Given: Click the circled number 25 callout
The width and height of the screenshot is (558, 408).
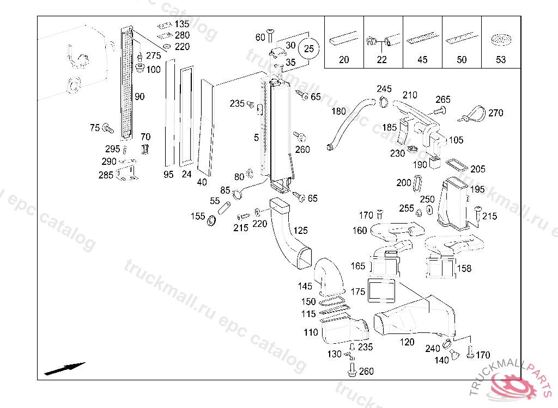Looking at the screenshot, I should (309, 48).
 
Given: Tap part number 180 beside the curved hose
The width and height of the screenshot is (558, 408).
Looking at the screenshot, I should (338, 112).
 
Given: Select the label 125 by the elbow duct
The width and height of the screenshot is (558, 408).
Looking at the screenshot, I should (301, 231).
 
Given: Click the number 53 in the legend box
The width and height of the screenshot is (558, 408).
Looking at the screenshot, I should (501, 60).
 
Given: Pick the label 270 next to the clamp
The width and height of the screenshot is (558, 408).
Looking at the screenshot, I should (495, 113).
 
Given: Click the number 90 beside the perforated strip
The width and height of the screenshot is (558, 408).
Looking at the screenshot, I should (139, 97).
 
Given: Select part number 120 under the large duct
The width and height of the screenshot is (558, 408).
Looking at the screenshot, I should (407, 342).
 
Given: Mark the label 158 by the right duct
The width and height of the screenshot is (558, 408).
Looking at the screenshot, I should (464, 268).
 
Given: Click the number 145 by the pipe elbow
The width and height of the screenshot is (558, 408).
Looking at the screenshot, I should (305, 286).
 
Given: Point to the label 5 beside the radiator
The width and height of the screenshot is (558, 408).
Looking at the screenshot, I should (256, 138).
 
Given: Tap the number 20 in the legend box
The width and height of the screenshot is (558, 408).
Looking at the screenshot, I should (344, 60).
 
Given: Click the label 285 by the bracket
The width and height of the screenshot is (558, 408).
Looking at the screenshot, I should (106, 175).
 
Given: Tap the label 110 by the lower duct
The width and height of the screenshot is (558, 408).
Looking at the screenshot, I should (311, 332).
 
